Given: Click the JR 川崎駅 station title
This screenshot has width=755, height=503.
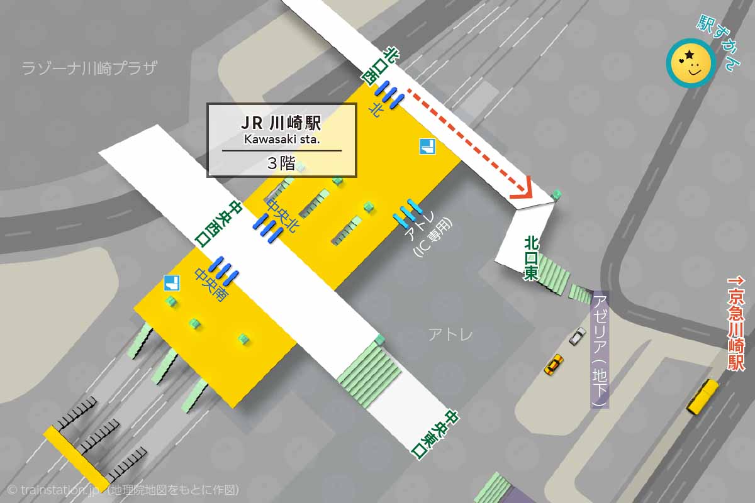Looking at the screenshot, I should coord(281,122).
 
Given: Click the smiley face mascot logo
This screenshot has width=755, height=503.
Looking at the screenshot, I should coord(690,63).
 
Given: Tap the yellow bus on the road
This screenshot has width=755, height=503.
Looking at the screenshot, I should coord(702,397).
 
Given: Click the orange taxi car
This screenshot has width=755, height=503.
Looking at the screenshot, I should coord(554,364).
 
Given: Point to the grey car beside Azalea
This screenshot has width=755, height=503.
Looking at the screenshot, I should coord(577,336).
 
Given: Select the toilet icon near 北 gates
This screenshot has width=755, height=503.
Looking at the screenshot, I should coord(428,147).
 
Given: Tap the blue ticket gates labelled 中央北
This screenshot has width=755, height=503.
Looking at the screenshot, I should coord(267,227).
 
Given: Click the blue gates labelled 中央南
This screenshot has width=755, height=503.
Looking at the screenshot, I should coord(224,269).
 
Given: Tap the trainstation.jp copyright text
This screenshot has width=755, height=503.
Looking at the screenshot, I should coord(123,490).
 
